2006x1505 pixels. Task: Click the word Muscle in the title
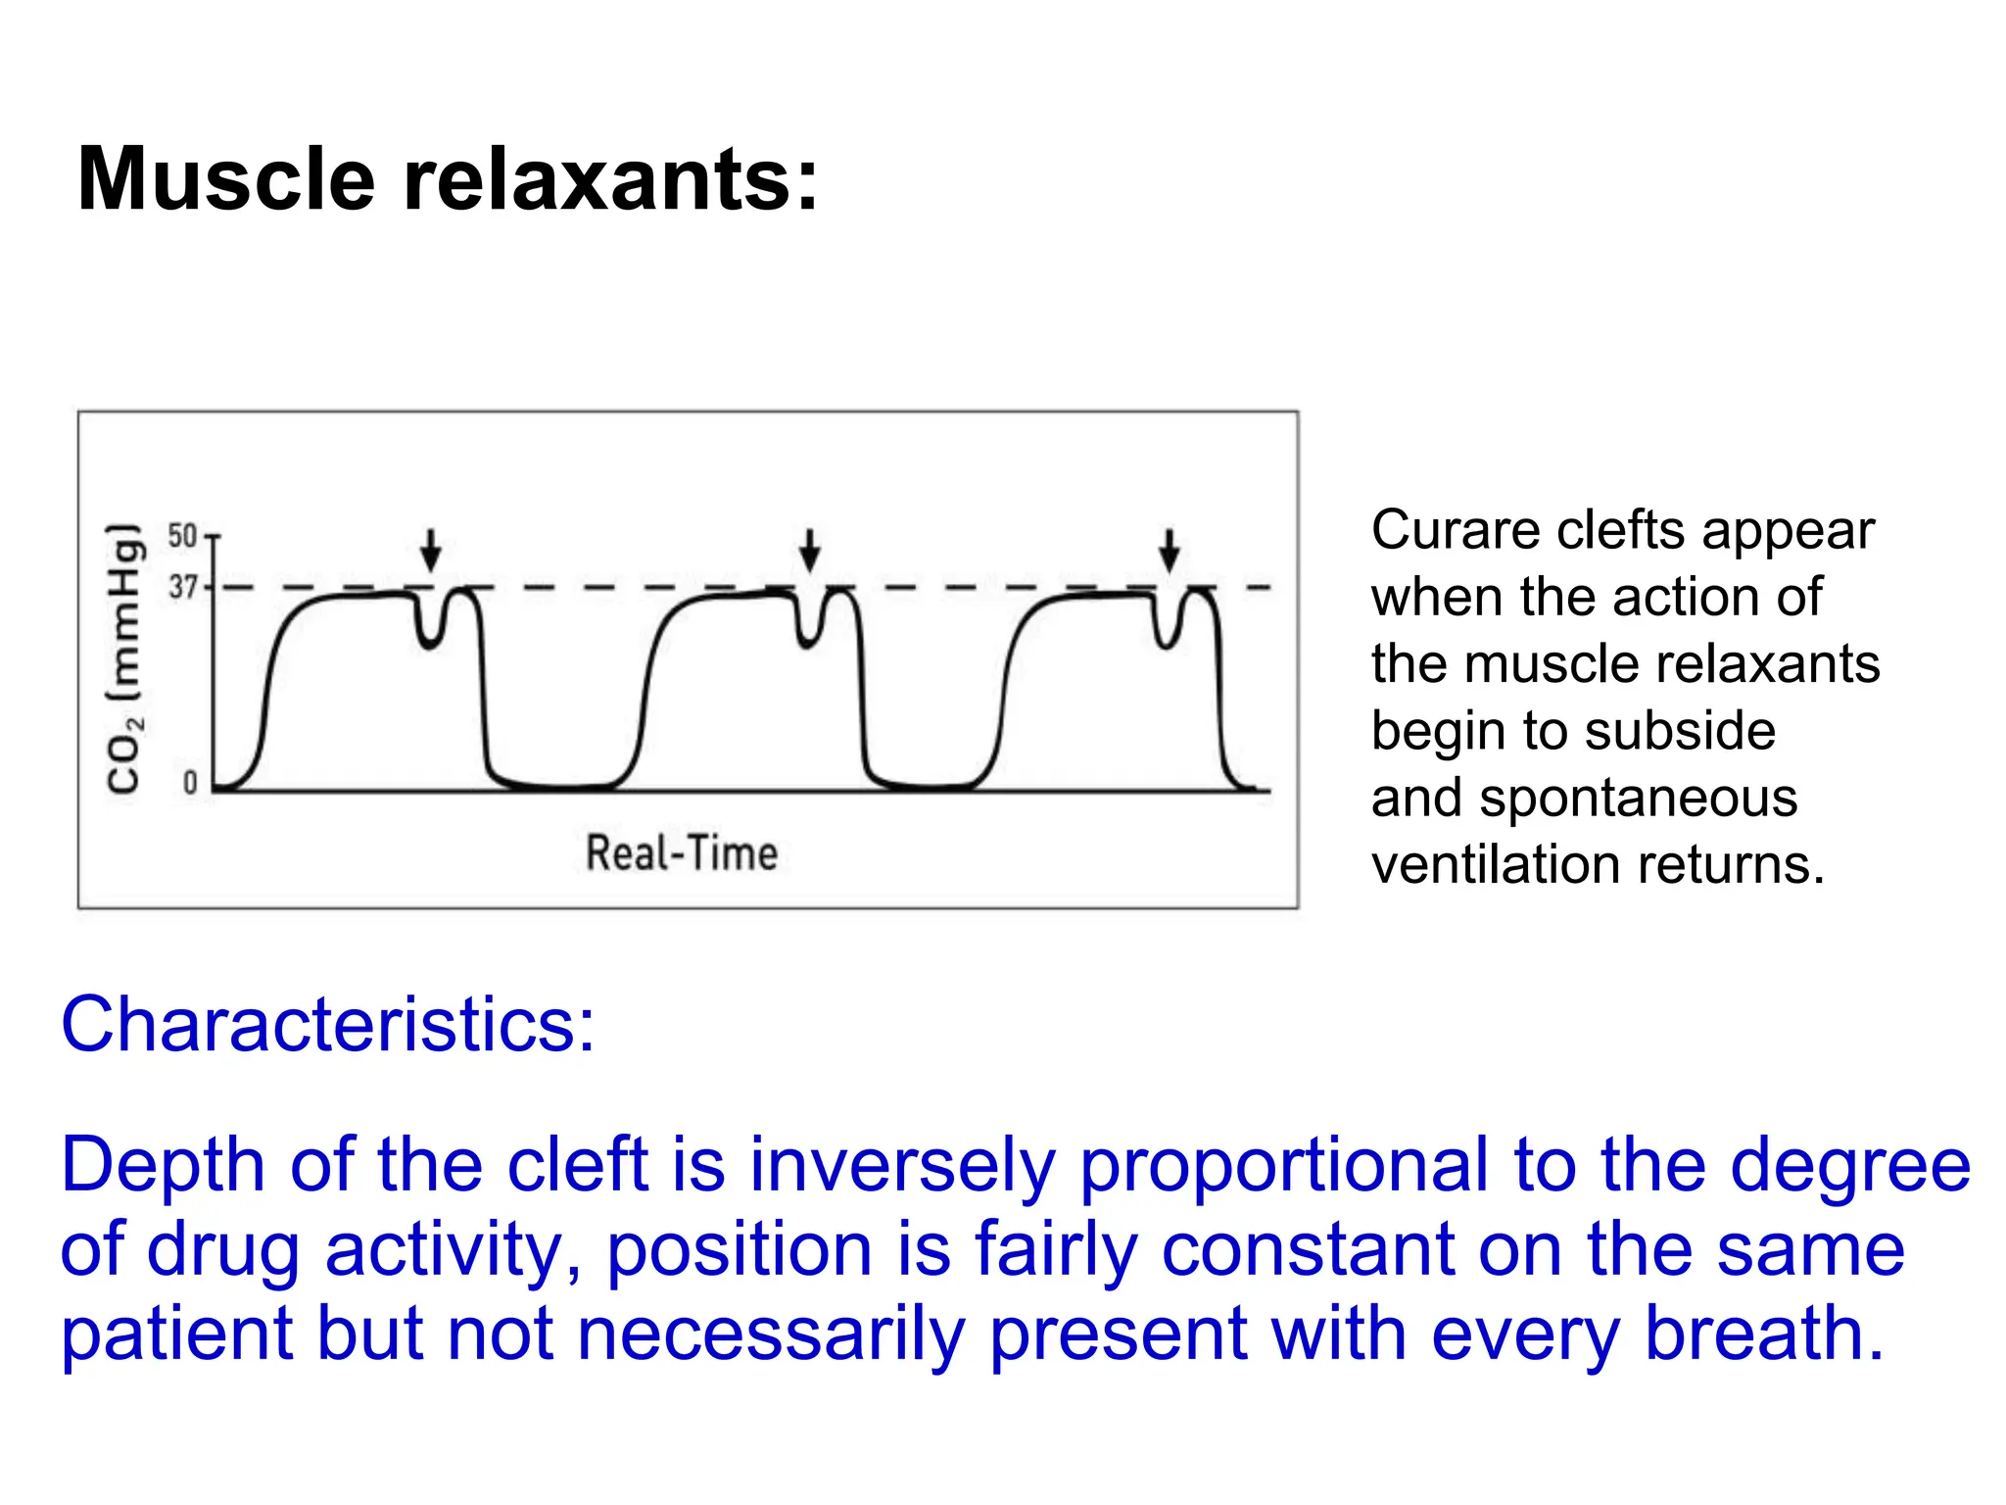(x=226, y=179)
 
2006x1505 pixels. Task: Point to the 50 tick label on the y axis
(x=182, y=536)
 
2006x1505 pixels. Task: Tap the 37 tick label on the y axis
(x=182, y=587)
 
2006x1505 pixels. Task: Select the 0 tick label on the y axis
(x=190, y=783)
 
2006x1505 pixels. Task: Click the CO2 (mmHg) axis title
(x=124, y=659)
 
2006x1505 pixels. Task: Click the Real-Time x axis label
(x=682, y=852)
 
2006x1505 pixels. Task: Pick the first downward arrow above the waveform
(x=430, y=550)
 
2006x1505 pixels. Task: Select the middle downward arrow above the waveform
(x=809, y=550)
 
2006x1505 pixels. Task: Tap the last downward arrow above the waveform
(x=1169, y=550)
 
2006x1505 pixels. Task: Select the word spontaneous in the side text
(x=1638, y=798)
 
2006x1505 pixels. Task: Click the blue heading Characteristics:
(x=328, y=1025)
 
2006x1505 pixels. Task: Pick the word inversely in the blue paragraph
(x=902, y=1166)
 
